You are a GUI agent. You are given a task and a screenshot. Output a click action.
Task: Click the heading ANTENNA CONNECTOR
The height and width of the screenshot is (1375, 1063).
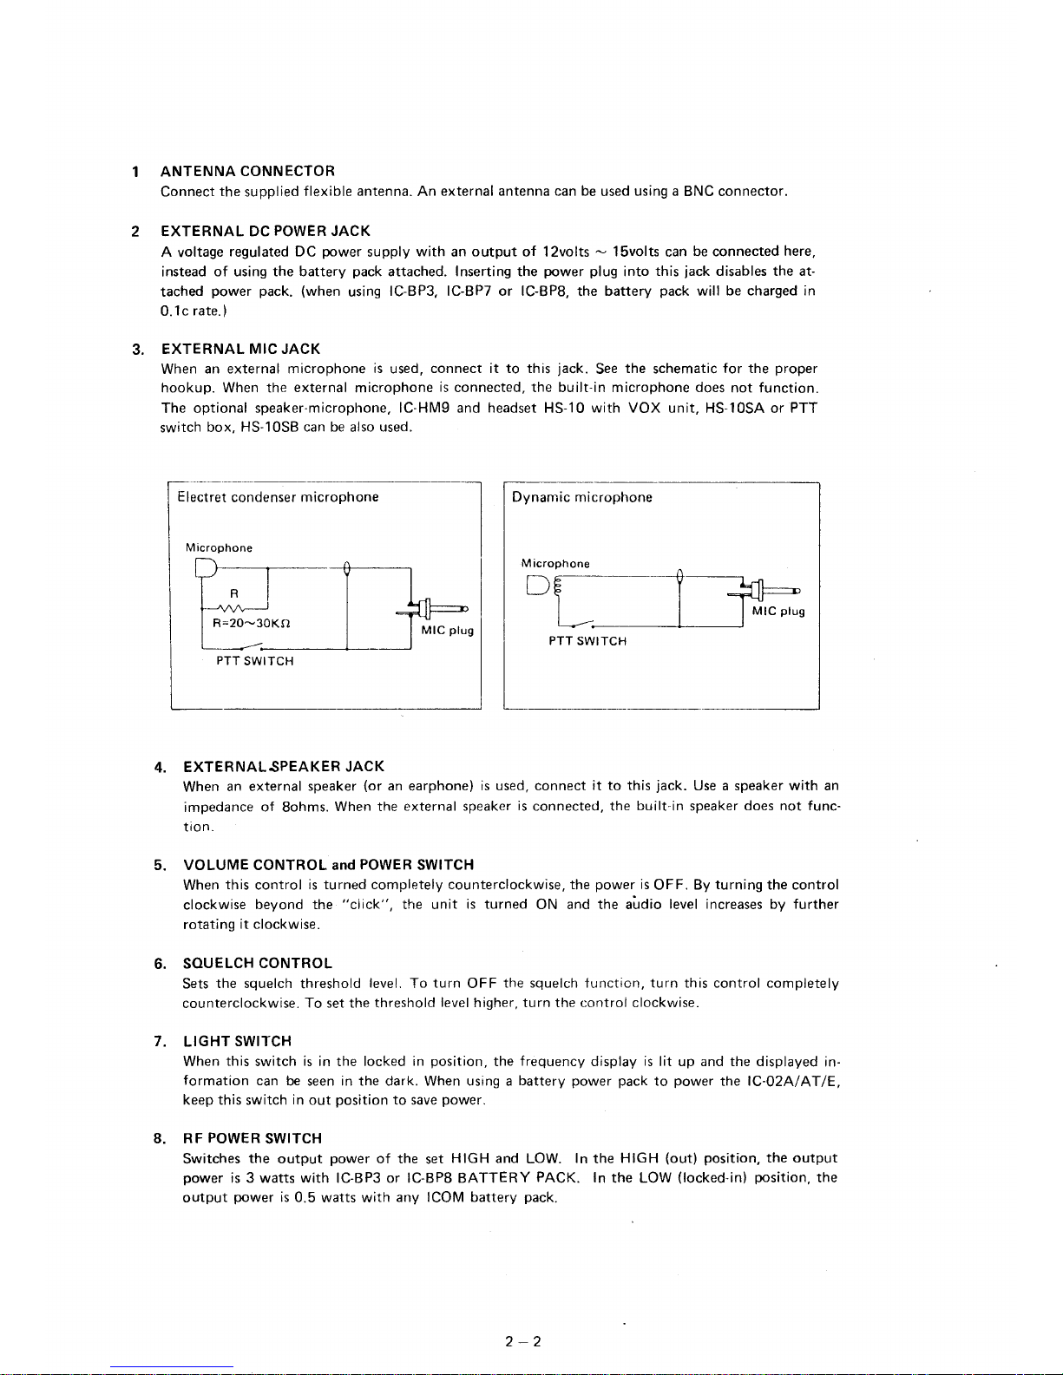(x=247, y=171)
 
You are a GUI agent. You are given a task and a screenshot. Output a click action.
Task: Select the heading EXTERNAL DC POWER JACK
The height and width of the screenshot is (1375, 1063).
(x=266, y=231)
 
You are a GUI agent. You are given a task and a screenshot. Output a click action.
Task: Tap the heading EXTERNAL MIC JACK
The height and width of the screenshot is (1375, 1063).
(x=240, y=349)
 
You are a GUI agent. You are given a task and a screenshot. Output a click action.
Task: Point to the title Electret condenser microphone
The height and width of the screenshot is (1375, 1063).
(x=278, y=497)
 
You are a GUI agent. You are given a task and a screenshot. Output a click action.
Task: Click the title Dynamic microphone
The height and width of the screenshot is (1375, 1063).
(x=581, y=497)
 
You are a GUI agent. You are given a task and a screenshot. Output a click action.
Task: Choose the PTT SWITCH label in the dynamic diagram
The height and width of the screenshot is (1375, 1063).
(x=587, y=641)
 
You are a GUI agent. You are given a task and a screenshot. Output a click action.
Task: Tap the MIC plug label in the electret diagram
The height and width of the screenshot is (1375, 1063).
(x=447, y=631)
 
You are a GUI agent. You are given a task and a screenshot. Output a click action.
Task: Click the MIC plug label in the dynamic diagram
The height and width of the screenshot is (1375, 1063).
(x=778, y=612)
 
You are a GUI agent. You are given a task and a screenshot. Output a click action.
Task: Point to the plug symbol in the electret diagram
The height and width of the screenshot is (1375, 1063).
(x=434, y=608)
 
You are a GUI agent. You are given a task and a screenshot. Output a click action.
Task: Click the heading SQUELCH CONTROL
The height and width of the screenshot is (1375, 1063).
(x=258, y=963)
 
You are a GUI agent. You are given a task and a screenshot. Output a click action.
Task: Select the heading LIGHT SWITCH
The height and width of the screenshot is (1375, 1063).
(x=237, y=1041)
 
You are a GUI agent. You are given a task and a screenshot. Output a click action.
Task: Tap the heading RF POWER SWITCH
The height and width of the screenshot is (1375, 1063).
(x=252, y=1138)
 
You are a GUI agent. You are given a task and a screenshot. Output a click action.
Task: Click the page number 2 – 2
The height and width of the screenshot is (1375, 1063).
(x=522, y=1342)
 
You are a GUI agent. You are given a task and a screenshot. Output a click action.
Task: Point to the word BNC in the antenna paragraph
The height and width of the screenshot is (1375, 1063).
(x=698, y=191)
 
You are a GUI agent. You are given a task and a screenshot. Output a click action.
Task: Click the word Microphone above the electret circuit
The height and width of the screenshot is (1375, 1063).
(x=219, y=548)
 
